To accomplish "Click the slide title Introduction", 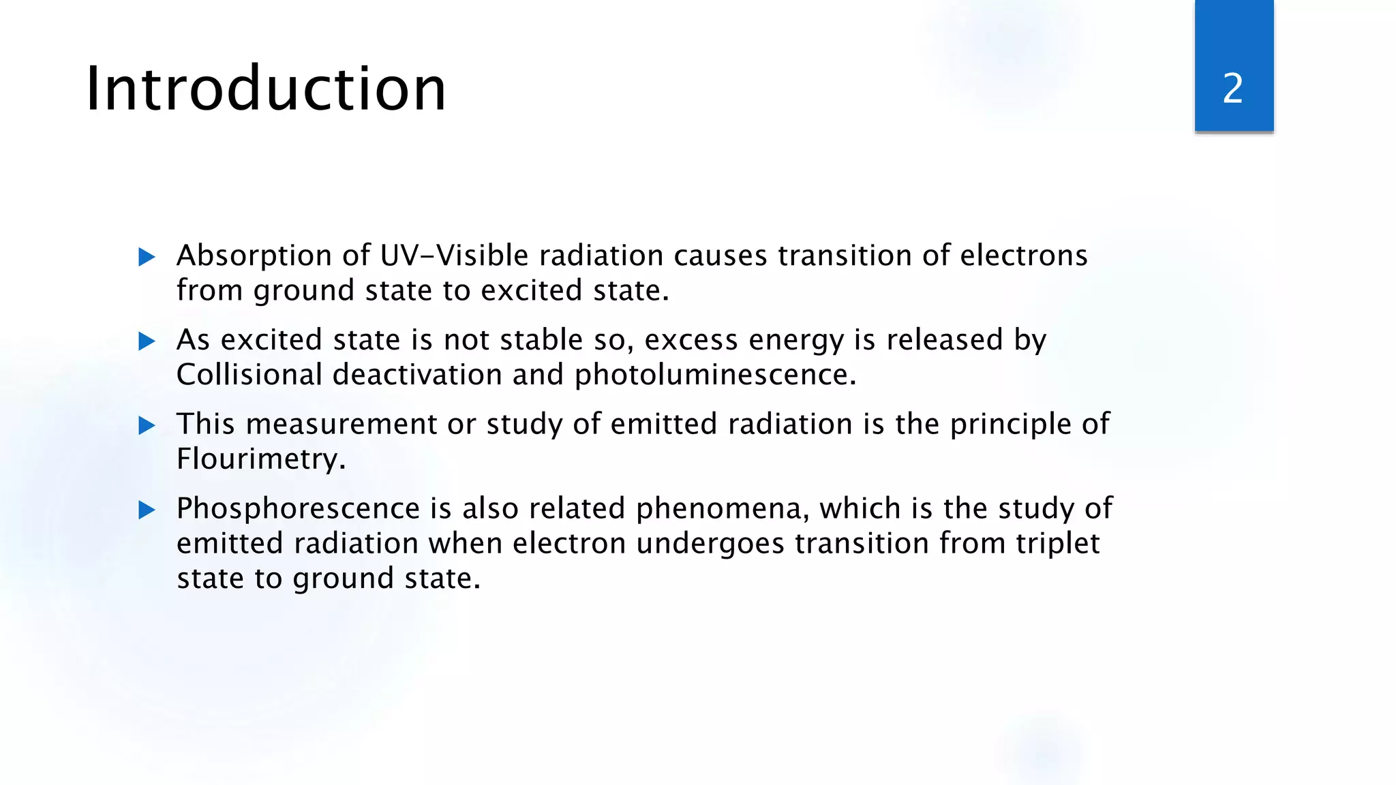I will point(266,89).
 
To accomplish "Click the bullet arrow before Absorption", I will point(147,257).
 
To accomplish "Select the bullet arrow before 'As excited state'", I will point(147,341).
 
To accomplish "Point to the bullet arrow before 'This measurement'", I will point(147,425).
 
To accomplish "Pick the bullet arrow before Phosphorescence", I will point(147,510).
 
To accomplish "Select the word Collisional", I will point(249,374).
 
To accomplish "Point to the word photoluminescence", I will point(714,375).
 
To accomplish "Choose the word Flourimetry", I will point(260,459).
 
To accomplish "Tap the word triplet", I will point(1058,544).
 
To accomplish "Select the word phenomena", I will point(722,509).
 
